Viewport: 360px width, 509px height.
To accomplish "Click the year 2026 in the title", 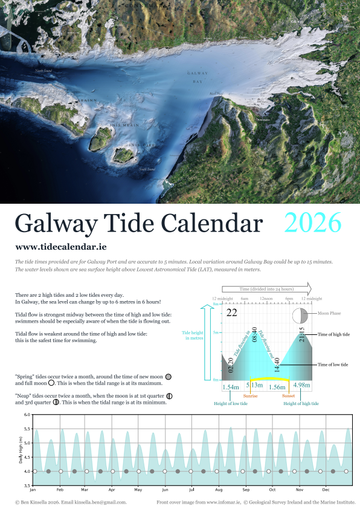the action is pyautogui.click(x=313, y=223).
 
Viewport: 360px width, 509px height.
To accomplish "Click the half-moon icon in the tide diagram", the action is pyautogui.click(x=300, y=316).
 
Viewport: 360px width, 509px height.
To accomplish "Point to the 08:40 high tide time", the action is pyautogui.click(x=254, y=336).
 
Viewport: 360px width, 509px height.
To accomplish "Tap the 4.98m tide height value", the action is pyautogui.click(x=301, y=386).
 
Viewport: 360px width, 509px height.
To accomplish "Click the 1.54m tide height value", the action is pyautogui.click(x=231, y=386).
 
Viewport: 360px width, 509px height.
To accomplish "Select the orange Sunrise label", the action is pyautogui.click(x=251, y=396).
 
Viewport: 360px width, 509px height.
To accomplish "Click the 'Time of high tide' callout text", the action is pyautogui.click(x=333, y=334).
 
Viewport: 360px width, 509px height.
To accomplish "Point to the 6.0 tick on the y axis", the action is pyautogui.click(x=27, y=415).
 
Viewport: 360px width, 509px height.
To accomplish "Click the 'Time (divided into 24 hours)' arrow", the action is pyautogui.click(x=266, y=288).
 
